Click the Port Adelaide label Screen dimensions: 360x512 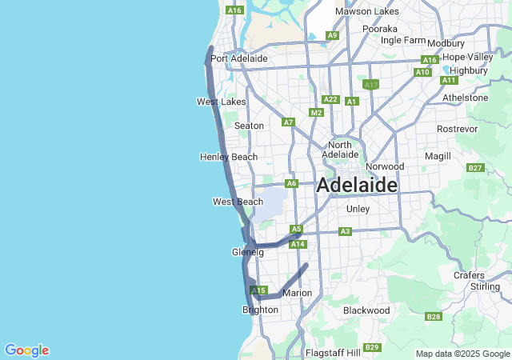[x=238, y=58]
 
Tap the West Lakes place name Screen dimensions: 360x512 [x=222, y=102]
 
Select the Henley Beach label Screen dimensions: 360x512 [x=229, y=157]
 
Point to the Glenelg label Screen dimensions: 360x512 [x=247, y=252]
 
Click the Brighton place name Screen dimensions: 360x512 [x=260, y=310]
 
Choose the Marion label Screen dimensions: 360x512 [x=297, y=293]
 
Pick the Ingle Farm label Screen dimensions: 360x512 [x=403, y=40]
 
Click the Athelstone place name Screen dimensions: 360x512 [x=465, y=98]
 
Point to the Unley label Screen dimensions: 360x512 [x=357, y=209]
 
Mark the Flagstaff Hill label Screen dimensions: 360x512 [x=333, y=352]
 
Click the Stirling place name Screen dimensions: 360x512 [x=485, y=286]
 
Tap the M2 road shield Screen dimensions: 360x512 [x=316, y=113]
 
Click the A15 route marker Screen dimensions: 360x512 [x=258, y=290]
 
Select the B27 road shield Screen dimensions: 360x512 [x=475, y=168]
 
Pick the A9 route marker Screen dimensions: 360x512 [x=332, y=35]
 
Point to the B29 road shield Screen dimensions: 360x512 [x=371, y=346]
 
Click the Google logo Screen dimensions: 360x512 [x=26, y=350]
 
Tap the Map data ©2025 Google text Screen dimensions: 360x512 [x=462, y=354]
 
